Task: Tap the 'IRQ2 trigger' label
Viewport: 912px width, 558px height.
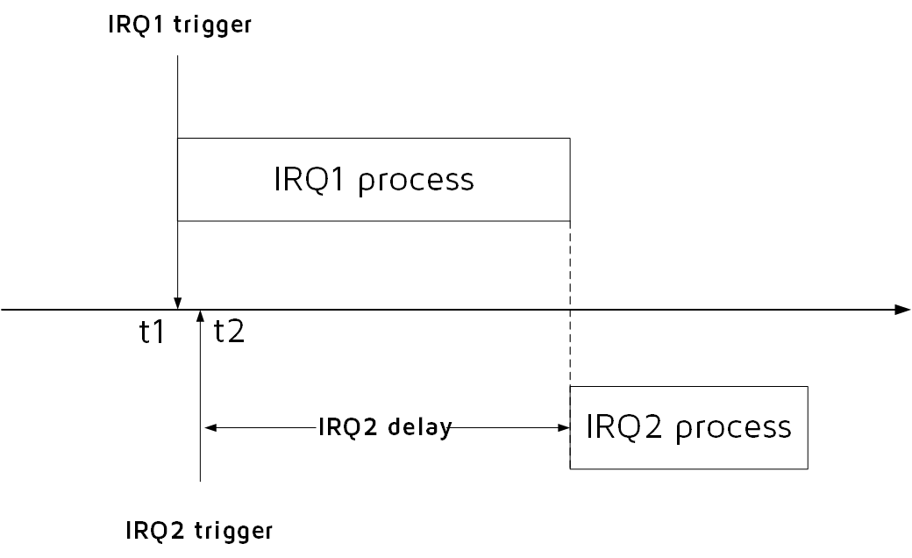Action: pos(200,531)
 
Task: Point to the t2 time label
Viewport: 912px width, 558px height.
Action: pos(229,333)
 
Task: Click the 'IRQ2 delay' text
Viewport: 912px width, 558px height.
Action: pos(385,428)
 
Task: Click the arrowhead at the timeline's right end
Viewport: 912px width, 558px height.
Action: pos(903,309)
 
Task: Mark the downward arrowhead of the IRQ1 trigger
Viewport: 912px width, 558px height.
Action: pos(178,303)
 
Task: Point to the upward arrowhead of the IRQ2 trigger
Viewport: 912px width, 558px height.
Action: pos(201,316)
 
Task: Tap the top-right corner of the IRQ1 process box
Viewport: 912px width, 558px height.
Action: pos(571,138)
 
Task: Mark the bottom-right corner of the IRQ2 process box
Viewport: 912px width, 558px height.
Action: pos(807,469)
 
